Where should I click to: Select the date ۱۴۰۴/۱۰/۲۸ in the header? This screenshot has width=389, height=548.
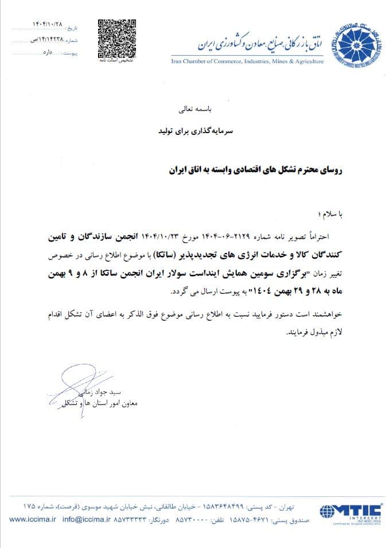coord(48,25)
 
